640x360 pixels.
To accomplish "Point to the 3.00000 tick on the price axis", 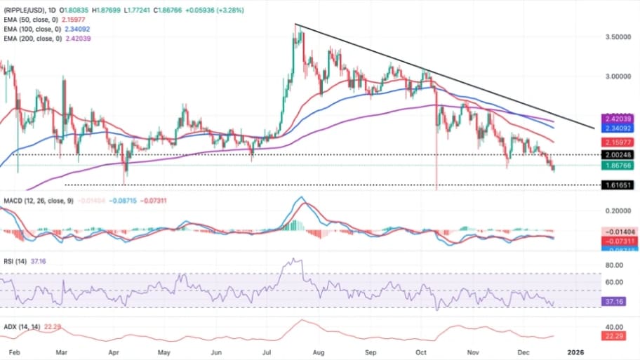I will point(618,76).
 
